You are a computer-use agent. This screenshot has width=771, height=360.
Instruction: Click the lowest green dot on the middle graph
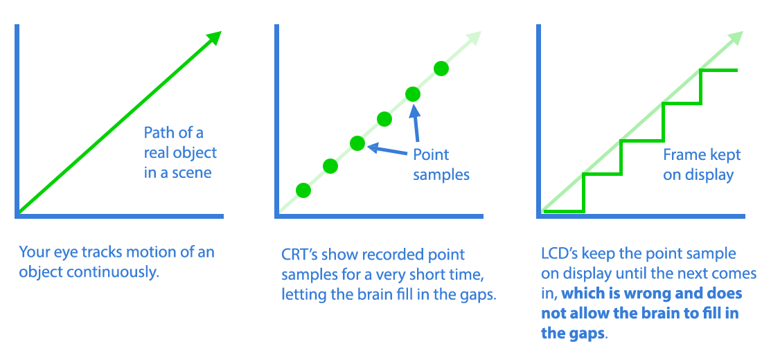(303, 190)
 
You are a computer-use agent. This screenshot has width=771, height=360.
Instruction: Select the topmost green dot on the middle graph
(441, 69)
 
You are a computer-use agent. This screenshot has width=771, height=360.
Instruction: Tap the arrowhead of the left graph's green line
(214, 39)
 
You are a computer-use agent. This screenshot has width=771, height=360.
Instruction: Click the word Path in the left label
(159, 133)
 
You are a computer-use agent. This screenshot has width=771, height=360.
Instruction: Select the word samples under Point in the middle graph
(441, 174)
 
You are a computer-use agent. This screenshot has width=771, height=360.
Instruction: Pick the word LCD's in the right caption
(560, 254)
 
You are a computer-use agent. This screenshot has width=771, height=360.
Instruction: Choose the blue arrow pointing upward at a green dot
(416, 124)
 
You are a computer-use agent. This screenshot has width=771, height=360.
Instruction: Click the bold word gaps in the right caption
(585, 333)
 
